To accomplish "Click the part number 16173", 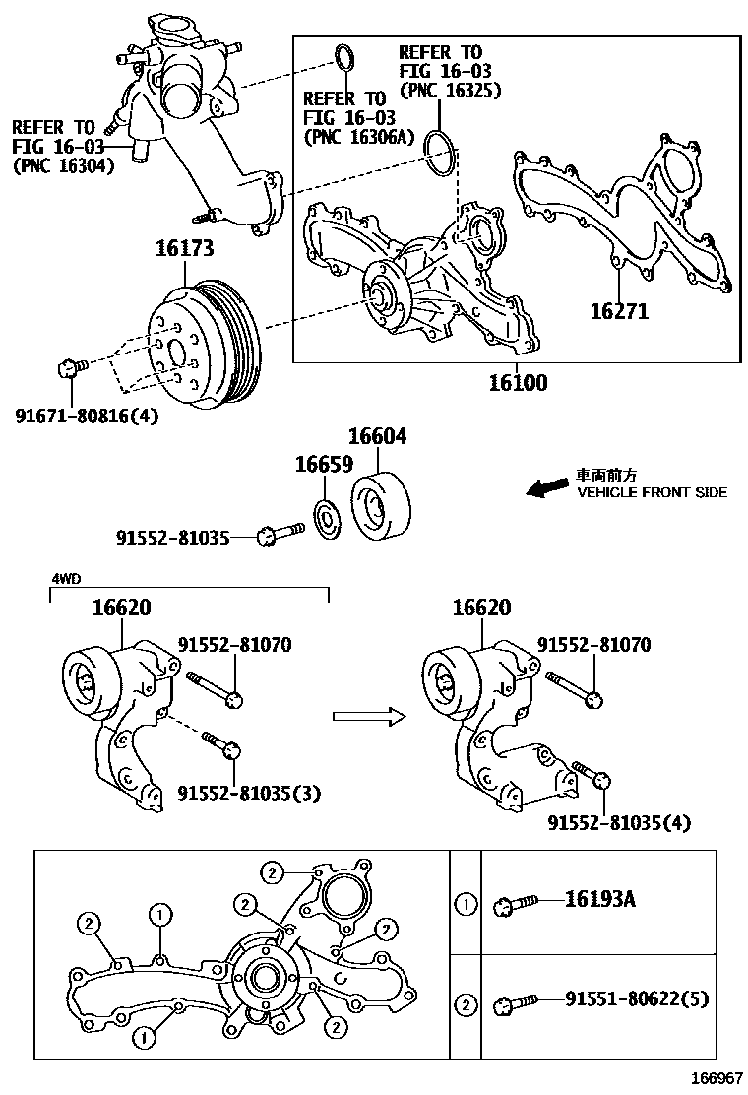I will (184, 250).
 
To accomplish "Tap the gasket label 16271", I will (619, 312).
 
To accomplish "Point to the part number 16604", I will (377, 436).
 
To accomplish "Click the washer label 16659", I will (324, 464).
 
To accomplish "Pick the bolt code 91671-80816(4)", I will (87, 416).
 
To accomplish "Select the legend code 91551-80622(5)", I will (637, 1000).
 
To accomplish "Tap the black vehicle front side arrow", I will (547, 486).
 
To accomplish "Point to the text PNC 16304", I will (63, 166).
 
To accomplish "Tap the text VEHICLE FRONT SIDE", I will (652, 492).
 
